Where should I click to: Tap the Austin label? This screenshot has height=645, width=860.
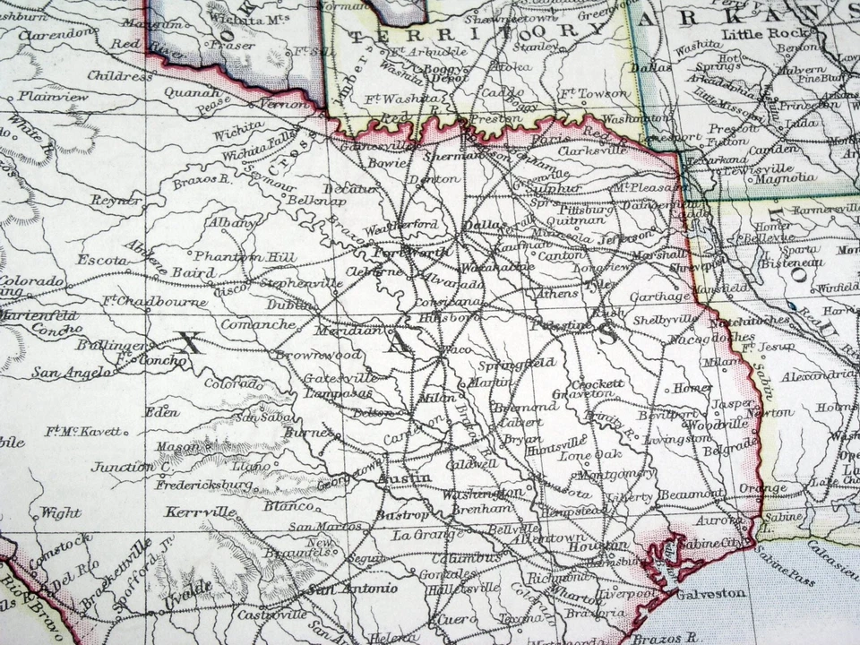coord(404,479)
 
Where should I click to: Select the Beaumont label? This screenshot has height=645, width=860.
coord(692,494)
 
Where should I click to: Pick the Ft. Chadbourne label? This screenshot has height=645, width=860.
coord(154,302)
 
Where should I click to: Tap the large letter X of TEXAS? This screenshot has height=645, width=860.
coord(188,341)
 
